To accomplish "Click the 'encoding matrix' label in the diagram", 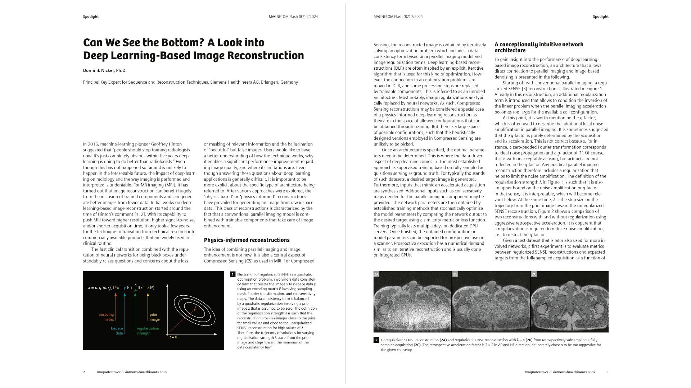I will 106,317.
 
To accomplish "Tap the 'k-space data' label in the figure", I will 117,331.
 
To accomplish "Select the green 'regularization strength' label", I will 148,331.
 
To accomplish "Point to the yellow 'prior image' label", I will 154,317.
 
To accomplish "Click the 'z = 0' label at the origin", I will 173,337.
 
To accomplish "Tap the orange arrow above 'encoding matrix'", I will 116,302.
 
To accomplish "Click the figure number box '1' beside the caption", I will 232,274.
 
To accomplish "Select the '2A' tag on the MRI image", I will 376,274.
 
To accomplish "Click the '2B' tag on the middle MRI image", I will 455,274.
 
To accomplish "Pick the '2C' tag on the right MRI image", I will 534,274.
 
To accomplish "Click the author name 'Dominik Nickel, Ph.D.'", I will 105,70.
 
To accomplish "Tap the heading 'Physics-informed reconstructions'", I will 247,240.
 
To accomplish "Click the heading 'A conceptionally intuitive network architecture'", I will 539,47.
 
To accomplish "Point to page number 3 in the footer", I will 607,372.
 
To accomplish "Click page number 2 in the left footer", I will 84,372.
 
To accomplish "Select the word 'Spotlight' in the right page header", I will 600,17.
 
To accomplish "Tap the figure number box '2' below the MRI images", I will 376,340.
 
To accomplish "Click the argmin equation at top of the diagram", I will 121,287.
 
